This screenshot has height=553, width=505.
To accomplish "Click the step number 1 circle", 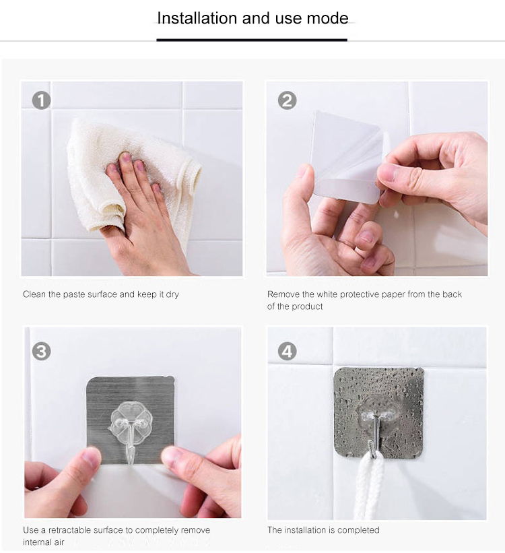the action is [41, 100].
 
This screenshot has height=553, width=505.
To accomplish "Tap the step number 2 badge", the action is [287, 100].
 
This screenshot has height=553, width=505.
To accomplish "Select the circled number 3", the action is [41, 352].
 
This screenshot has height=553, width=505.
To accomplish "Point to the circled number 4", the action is [287, 352].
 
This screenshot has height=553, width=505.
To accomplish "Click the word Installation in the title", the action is [197, 18].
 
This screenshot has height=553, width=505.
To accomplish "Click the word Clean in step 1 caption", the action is [34, 294].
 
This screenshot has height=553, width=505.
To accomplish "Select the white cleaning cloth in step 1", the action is [131, 176].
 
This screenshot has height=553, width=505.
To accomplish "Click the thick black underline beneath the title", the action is [252, 40].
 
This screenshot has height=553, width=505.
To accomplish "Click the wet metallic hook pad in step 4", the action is [378, 413].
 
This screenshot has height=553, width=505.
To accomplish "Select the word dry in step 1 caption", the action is [172, 294].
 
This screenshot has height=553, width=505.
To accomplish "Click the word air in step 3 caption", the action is [59, 542].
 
